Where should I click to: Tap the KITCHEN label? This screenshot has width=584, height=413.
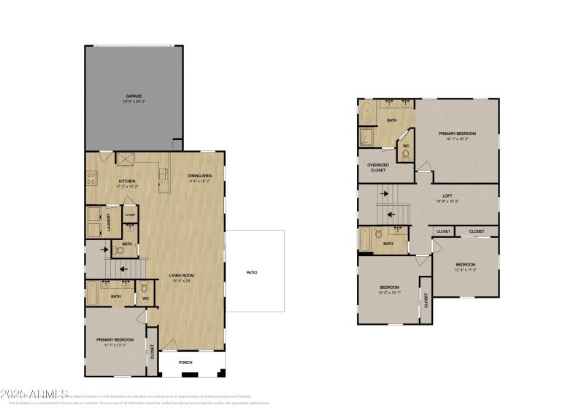(x=127, y=181)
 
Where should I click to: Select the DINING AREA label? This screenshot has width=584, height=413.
(x=199, y=176)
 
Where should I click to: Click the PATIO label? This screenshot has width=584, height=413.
(x=251, y=272)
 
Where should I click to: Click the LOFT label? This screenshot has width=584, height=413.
(x=447, y=196)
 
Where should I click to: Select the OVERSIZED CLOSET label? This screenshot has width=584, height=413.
(x=377, y=167)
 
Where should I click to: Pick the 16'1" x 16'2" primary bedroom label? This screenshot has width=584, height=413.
(x=457, y=134)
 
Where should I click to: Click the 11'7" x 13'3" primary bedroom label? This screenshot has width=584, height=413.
(x=115, y=339)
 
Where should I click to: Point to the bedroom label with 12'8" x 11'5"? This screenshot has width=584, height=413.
(x=466, y=265)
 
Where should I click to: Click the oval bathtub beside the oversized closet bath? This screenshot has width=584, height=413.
(x=366, y=115)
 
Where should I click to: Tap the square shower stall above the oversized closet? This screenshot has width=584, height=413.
(x=367, y=136)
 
